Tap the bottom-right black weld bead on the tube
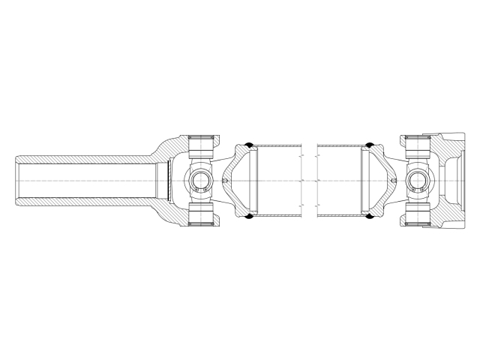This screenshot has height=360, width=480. (x=369, y=218)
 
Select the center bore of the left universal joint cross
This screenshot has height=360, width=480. (x=199, y=181)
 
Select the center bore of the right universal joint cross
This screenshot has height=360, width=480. (x=418, y=181)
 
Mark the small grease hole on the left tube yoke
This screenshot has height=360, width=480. (x=226, y=181)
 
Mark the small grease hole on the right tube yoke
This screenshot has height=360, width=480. (x=394, y=181)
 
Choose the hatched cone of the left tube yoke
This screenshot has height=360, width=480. (x=240, y=161)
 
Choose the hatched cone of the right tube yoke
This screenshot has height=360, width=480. (x=379, y=161)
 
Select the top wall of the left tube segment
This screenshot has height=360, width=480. (x=277, y=145)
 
